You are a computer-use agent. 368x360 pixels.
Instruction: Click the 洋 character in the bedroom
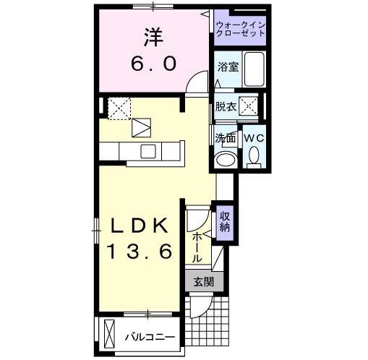coord(154,38)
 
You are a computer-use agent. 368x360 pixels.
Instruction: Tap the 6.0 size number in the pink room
coord(154,64)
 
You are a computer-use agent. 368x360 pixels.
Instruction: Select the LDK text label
coord(139,226)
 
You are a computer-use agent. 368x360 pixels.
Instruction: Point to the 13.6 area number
coord(139,251)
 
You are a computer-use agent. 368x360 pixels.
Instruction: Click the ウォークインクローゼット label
coord(241,29)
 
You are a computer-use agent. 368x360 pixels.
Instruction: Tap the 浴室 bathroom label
coord(228,67)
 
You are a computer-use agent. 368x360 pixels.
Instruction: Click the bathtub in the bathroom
coord(254,69)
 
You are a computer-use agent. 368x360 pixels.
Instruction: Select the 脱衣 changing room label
coord(226,106)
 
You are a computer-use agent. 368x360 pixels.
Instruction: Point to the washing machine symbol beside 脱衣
coord(248,106)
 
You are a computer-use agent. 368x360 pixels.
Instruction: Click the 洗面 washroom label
coord(225,138)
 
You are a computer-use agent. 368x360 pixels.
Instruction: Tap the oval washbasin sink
coord(226,159)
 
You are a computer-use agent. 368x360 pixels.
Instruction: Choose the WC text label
coord(254,138)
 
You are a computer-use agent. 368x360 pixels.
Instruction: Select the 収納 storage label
coord(225,222)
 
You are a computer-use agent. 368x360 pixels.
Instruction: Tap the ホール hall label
coord(197,248)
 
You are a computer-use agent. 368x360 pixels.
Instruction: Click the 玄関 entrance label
coord(204,281)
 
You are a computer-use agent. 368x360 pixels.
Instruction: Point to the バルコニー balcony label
coord(150,337)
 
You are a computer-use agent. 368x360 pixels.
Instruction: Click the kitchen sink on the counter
coord(148,152)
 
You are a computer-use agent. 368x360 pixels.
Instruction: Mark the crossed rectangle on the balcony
coord(109,333)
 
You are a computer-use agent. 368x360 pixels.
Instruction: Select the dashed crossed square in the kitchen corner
coord(119,108)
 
